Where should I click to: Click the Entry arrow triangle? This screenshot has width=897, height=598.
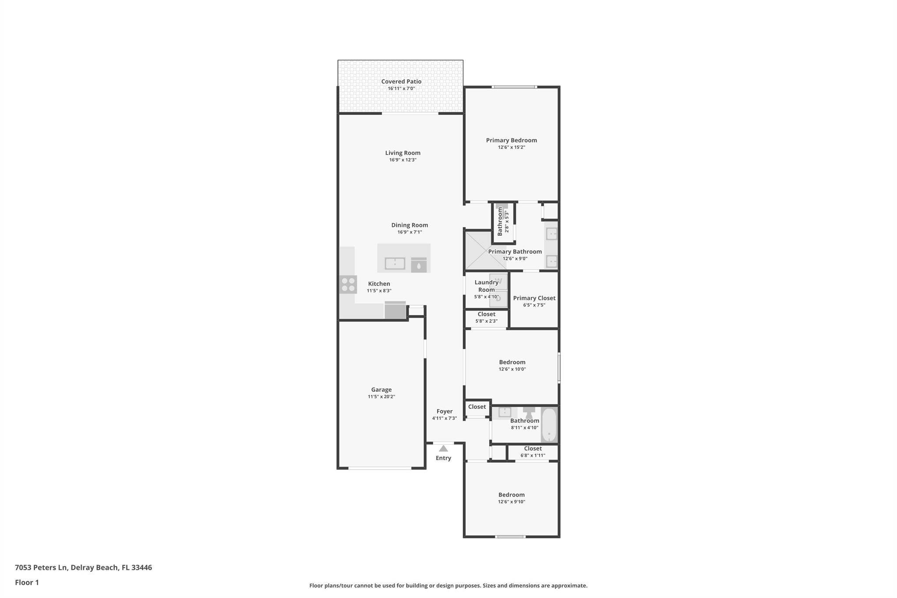443,448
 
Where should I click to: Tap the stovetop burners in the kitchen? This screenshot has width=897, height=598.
348,284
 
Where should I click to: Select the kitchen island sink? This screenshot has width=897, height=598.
395,263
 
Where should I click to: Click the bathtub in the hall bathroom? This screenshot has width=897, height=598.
549,425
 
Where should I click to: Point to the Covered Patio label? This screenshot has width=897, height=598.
401,81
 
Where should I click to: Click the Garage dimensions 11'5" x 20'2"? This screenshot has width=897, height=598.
381,397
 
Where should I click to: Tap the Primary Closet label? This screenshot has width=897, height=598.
534,298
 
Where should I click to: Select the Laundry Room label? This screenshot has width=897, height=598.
486,286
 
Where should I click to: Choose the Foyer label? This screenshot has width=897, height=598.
444,411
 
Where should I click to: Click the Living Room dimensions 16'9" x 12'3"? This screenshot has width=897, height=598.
403,160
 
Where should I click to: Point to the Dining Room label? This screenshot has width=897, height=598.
410,225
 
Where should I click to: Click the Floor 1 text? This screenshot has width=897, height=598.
27,582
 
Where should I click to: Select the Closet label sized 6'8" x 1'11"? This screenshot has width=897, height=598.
533,449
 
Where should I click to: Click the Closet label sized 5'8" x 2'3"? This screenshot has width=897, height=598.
486,314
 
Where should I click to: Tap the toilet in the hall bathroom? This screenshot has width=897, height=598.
529,412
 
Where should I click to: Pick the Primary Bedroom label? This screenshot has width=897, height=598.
511,140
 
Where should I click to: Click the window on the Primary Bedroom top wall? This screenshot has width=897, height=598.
514,87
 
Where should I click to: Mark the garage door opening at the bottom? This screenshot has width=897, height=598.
380,468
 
